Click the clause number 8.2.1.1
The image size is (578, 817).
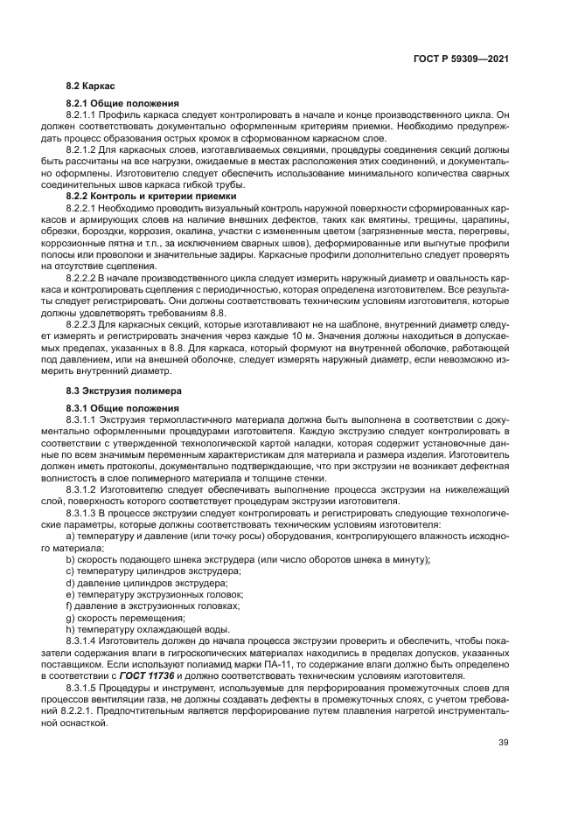point(85,114)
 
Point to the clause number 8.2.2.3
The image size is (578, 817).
point(85,322)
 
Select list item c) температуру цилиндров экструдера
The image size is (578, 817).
point(140,570)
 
